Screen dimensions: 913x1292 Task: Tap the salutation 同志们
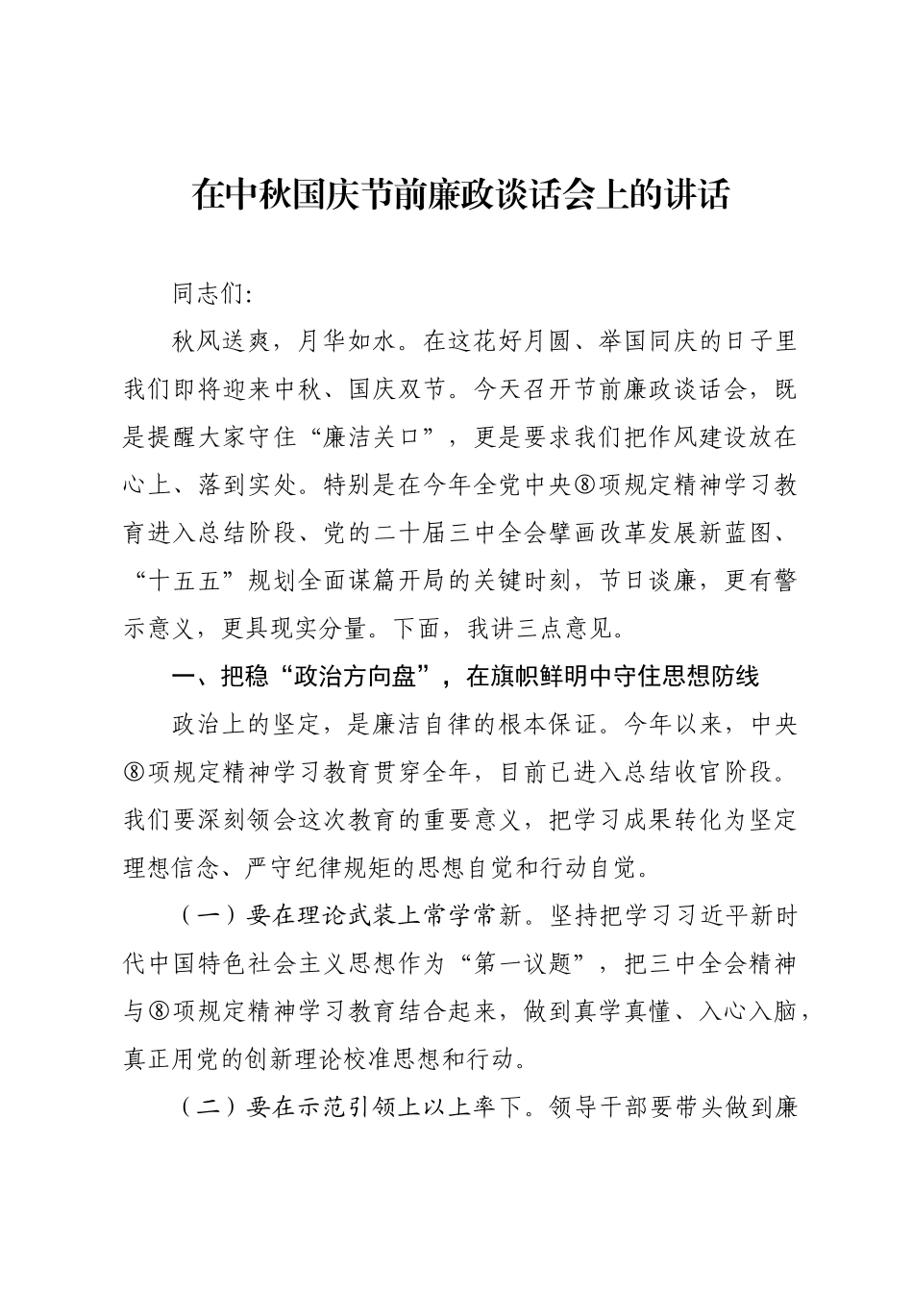(209, 293)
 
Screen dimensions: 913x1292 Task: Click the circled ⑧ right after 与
(160, 1012)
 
